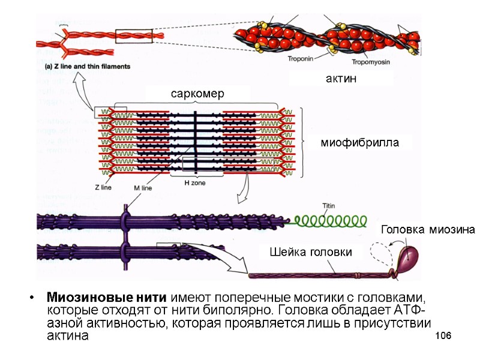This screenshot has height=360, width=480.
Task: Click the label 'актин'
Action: (341, 79)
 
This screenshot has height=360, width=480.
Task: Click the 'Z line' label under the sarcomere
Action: (103, 187)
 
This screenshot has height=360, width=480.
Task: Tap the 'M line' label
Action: (142, 188)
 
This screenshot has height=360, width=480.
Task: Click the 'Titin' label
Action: (329, 206)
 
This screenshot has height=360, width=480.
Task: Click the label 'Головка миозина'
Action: (428, 230)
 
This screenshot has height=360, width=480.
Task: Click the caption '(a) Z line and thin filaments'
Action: (87, 67)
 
